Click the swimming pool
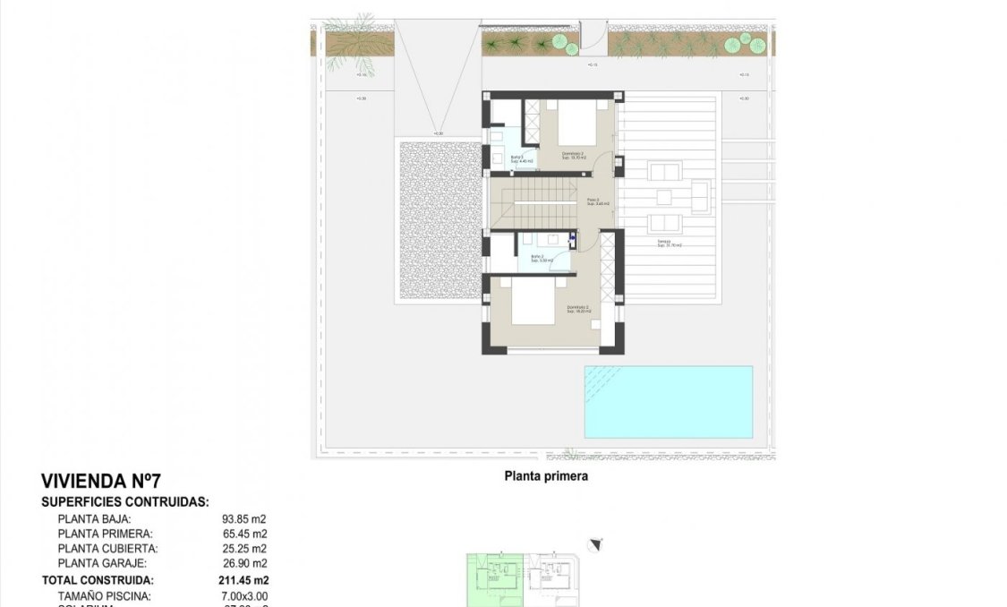(668, 401)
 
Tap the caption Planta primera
(546, 477)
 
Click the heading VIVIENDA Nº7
(101, 483)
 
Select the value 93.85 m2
(243, 518)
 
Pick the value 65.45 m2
(243, 534)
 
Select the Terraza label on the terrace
(664, 244)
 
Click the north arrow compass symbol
(596, 543)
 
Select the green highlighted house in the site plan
(493, 579)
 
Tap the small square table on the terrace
(663, 197)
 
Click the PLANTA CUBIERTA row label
(107, 549)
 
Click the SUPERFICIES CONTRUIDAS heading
(124, 502)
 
